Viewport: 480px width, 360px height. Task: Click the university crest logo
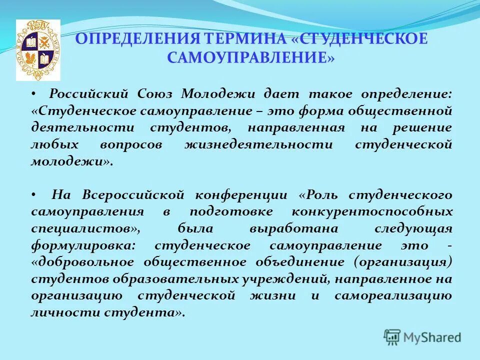click(x=38, y=50)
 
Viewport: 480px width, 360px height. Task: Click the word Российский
click(x=87, y=93)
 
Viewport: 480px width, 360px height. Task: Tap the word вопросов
click(x=127, y=144)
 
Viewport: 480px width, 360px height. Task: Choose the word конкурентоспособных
click(x=372, y=211)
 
